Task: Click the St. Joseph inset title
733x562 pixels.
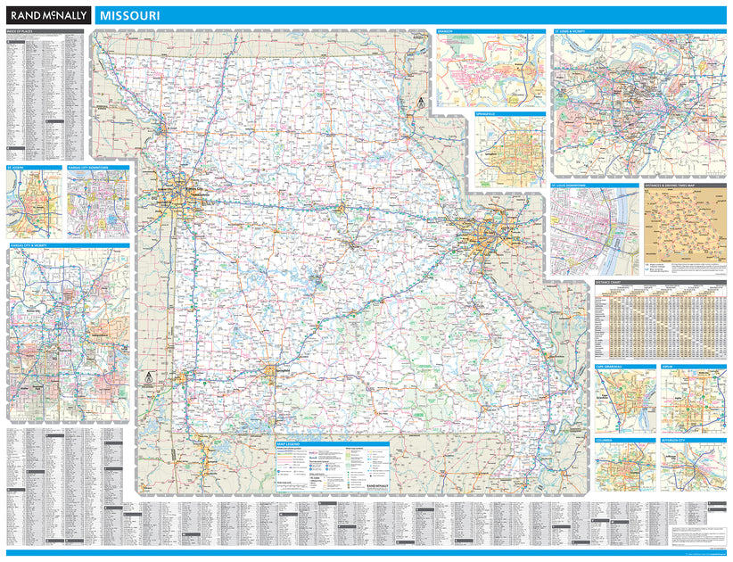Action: click(17, 167)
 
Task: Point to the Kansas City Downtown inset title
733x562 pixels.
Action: click(87, 167)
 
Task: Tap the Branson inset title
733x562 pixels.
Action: click(446, 31)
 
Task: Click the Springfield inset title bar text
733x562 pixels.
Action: click(487, 115)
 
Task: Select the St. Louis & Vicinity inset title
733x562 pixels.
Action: click(573, 31)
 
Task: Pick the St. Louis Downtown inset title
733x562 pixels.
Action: click(571, 186)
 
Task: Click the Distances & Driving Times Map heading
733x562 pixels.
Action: click(673, 186)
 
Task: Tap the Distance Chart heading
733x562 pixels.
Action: click(612, 282)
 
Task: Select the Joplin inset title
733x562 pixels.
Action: click(668, 366)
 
